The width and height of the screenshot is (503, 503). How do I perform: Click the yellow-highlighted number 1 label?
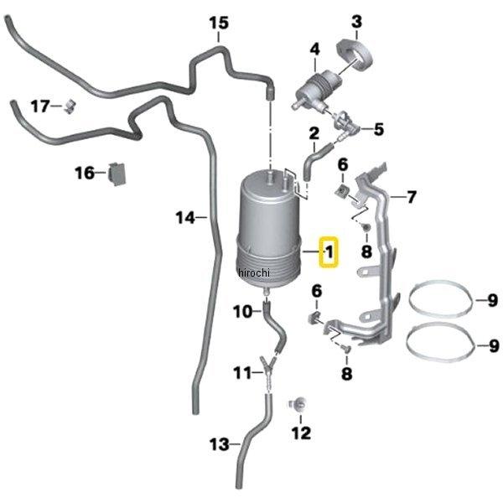click(329, 251)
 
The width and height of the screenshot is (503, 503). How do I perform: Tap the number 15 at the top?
click(218, 22)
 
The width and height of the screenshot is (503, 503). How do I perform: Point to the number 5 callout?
click(378, 129)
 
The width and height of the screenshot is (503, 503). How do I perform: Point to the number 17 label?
click(40, 106)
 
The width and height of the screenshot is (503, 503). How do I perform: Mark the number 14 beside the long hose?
click(185, 217)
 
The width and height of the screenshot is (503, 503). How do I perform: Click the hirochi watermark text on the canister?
click(252, 273)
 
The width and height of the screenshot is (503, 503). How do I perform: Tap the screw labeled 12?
click(297, 405)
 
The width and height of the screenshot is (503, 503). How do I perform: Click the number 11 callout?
click(241, 372)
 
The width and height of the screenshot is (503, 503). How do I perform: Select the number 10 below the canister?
click(241, 312)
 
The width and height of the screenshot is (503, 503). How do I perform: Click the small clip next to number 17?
click(69, 106)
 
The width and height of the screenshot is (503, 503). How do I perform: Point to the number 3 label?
click(356, 21)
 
